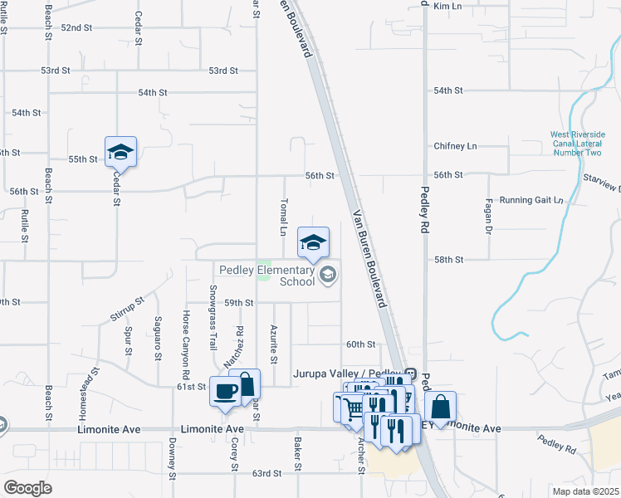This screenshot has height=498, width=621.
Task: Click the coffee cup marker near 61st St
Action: click(x=223, y=392)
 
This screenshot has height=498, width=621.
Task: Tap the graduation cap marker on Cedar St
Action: click(x=120, y=151)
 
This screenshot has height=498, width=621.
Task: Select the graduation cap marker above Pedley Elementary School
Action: click(x=313, y=242)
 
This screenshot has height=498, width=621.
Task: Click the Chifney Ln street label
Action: click(x=456, y=146)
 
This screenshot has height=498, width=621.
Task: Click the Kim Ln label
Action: click(x=447, y=6)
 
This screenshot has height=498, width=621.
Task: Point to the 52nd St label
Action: click(x=76, y=27)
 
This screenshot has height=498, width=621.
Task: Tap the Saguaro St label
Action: click(x=158, y=339)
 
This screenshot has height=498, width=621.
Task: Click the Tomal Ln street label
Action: click(x=283, y=217)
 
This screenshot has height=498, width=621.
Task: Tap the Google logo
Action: click(x=27, y=488)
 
